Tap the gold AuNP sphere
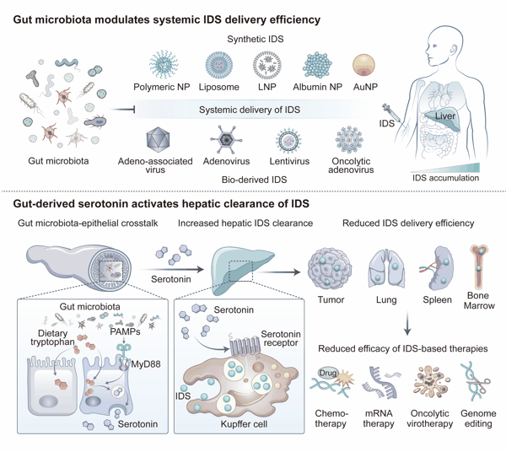(x=363, y=65)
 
